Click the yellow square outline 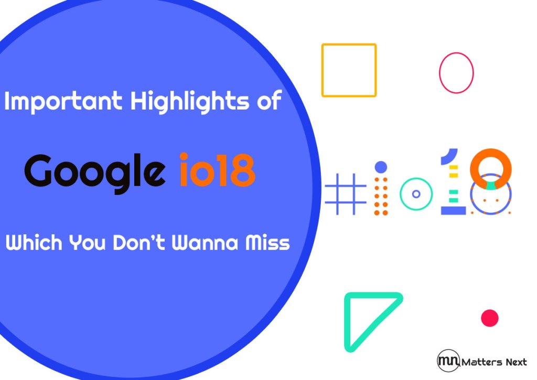click(349, 70)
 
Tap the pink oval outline click(456, 73)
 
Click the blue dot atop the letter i click(381, 167)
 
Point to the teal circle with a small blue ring click(416, 194)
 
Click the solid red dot click(489, 318)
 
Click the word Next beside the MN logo click(514, 362)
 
